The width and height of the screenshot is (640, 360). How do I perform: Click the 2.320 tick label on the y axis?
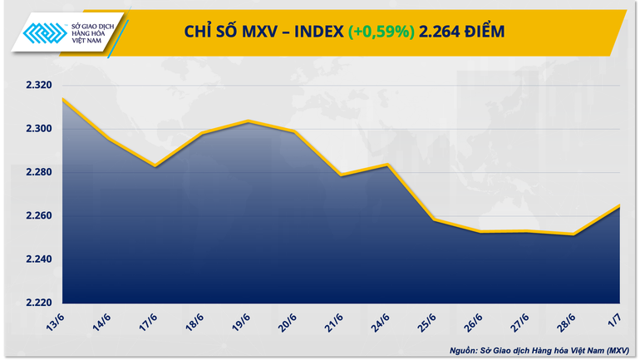(x=38, y=86)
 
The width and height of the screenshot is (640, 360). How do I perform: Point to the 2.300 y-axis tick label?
(x=38, y=129)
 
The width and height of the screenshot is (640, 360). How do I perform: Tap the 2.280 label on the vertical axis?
(x=38, y=172)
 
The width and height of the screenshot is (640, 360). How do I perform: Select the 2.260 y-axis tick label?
(x=38, y=216)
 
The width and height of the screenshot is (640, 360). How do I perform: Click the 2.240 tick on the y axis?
(x=38, y=259)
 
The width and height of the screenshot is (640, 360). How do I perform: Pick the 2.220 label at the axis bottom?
(x=38, y=303)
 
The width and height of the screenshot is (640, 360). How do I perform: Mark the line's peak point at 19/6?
(x=248, y=121)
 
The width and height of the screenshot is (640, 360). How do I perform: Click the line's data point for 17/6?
(x=155, y=166)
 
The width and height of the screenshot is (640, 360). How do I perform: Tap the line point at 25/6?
(x=435, y=219)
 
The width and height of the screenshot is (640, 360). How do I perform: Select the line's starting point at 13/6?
(x=62, y=99)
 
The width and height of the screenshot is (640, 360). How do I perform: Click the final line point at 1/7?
(x=621, y=205)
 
